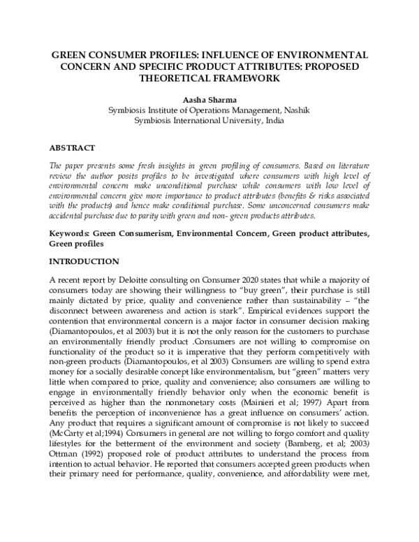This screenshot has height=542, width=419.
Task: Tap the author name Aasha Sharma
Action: (x=209, y=99)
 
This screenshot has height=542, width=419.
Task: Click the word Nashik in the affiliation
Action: (x=295, y=110)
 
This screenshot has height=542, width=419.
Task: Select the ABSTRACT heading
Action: (x=71, y=149)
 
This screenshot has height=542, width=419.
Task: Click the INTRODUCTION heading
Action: (x=84, y=261)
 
